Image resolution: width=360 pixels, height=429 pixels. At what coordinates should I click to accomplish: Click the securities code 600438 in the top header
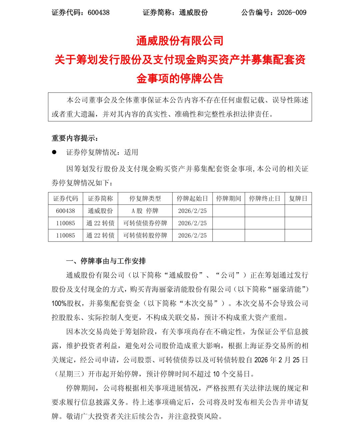tap(99, 13)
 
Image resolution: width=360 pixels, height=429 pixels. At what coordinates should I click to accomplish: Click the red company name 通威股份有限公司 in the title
tap(180, 41)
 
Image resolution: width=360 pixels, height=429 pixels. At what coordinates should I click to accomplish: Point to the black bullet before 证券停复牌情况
tap(54, 152)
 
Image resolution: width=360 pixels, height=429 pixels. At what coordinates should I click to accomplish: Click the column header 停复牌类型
tap(145, 198)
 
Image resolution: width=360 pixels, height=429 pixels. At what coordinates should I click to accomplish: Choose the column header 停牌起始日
tap(192, 198)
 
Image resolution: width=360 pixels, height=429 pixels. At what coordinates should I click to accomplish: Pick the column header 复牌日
tap(298, 198)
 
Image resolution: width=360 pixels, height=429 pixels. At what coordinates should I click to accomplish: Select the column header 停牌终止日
tap(265, 198)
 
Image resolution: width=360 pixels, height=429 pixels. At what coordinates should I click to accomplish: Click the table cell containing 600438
tap(66, 211)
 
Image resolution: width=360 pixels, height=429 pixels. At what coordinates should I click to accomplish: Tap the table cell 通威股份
tap(100, 211)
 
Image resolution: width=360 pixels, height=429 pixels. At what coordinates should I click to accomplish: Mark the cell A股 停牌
tap(145, 211)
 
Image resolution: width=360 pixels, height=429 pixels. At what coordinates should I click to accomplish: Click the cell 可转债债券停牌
tap(145, 223)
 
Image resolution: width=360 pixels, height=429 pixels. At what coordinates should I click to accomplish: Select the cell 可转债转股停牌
tap(145, 235)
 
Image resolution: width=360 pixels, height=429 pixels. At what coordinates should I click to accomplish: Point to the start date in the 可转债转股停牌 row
tap(192, 235)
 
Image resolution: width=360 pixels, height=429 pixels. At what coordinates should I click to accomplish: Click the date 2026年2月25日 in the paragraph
tap(281, 360)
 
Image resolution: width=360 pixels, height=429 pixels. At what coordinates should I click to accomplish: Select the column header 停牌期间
tap(228, 198)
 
